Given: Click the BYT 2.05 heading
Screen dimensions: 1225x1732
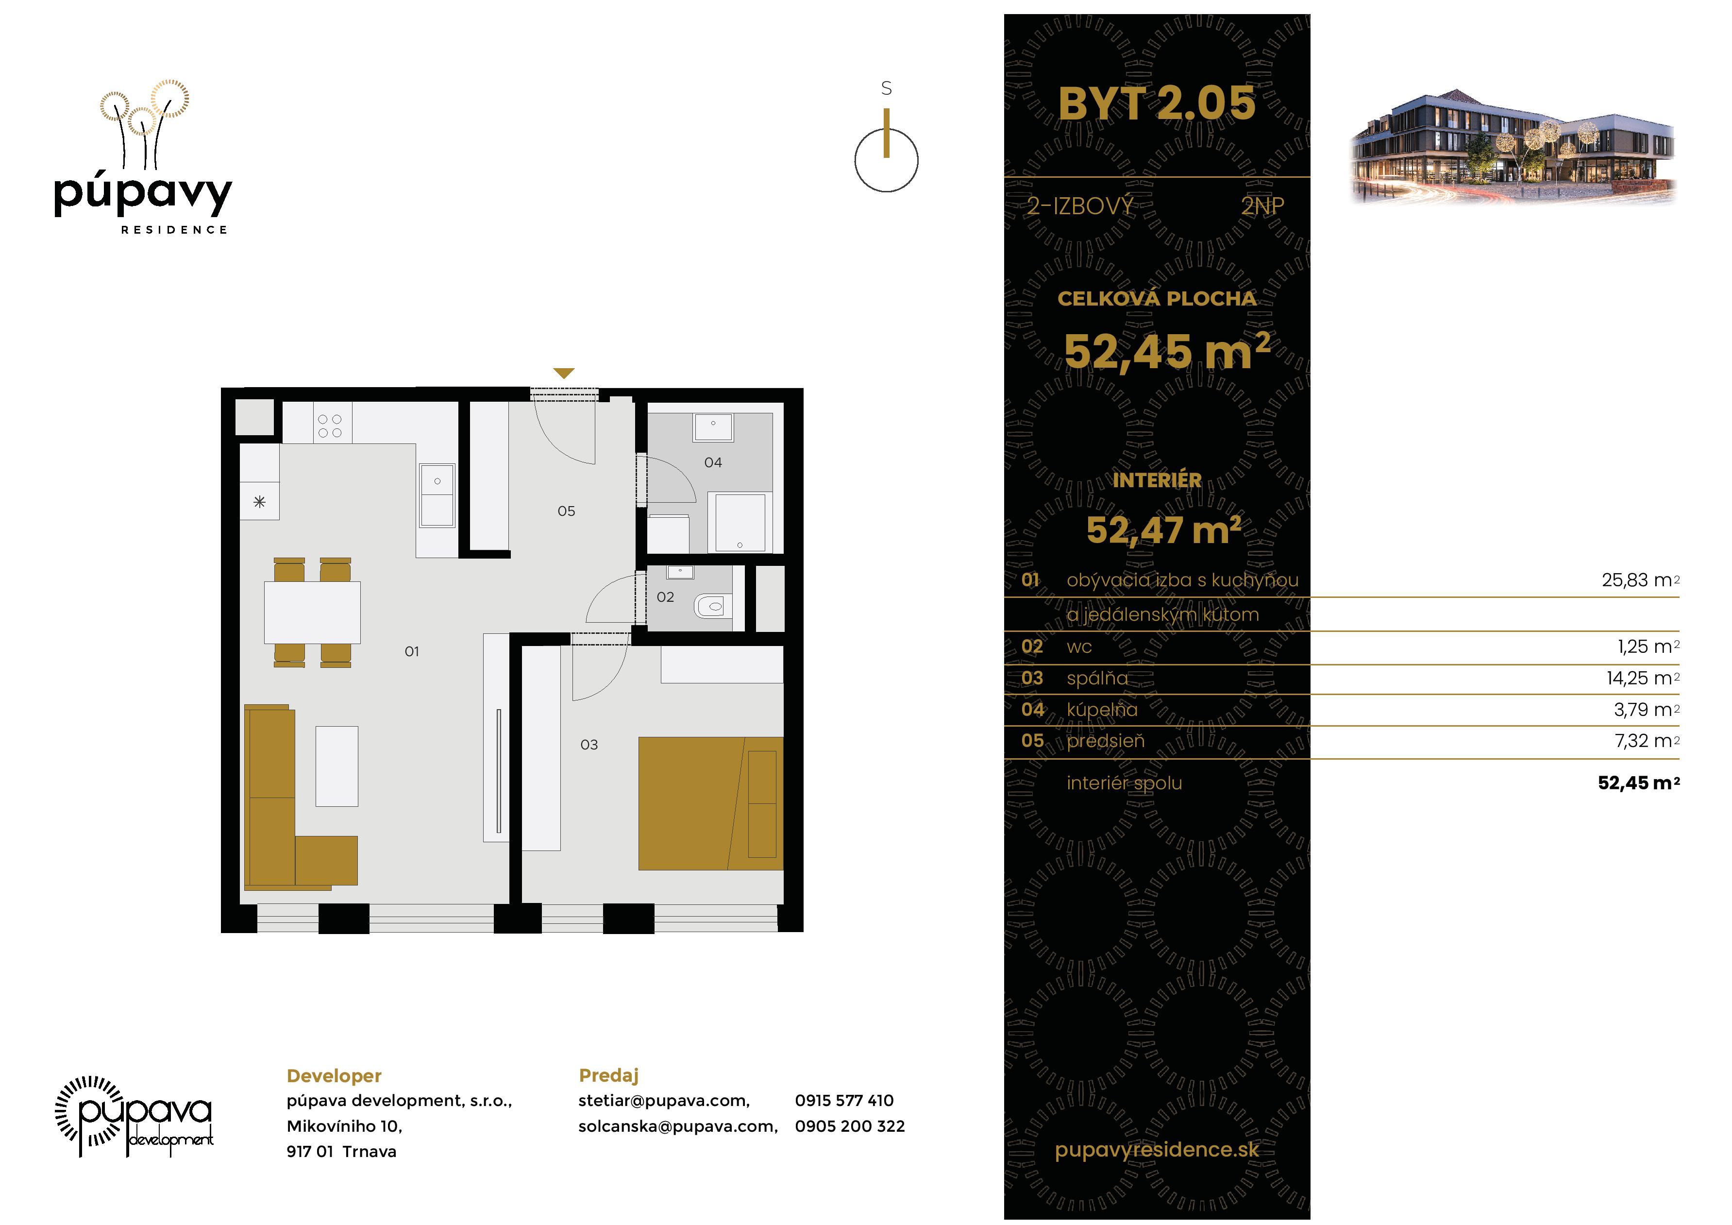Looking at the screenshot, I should coord(1157,103).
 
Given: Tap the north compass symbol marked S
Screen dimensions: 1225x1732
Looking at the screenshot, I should coord(886,151).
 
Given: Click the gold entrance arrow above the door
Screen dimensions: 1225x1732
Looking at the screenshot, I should coord(564,373).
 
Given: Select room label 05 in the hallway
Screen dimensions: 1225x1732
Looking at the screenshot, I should coord(566,511).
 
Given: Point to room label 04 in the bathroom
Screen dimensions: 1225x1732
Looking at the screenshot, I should coord(713,462).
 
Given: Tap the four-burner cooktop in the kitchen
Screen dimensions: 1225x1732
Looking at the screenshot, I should coord(330,425).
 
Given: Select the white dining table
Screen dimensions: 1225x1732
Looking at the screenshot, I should coord(312,612).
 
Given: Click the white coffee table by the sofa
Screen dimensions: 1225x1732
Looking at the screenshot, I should coord(336,766).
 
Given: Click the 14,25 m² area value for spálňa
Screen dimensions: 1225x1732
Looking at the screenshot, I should coord(1642,678).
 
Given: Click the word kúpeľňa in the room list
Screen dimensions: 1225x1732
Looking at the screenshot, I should coord(1101,710).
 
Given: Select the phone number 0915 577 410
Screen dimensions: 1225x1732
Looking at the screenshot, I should coord(843,1101).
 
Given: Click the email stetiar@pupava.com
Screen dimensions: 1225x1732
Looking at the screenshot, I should coord(664,1101).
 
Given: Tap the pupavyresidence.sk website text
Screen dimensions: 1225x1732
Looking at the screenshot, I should coord(1157,1150).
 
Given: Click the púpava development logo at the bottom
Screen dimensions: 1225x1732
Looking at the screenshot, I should coord(135,1116).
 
